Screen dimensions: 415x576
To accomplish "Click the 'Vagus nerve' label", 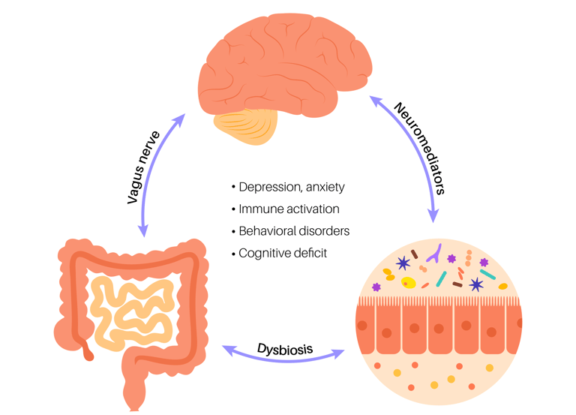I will pyautogui.click(x=145, y=169).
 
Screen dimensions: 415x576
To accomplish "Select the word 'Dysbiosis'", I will pyautogui.click(x=284, y=348).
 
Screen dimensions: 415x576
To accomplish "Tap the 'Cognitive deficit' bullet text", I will pyautogui.click(x=283, y=253).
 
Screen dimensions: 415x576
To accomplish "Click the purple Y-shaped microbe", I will pyautogui.click(x=433, y=257).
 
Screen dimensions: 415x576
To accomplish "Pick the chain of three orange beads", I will pyautogui.click(x=468, y=259).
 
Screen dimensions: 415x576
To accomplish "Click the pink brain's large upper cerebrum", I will pyautogui.click(x=285, y=64).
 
